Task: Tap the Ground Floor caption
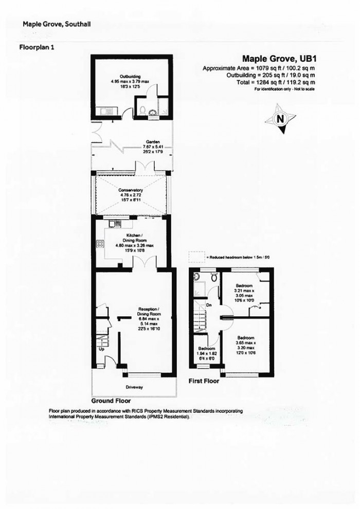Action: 111,401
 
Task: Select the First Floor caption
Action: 204,381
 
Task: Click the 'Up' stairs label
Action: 101,350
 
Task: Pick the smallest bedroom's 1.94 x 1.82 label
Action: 207,351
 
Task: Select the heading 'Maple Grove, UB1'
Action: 278,59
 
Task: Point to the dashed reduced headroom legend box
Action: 196,256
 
